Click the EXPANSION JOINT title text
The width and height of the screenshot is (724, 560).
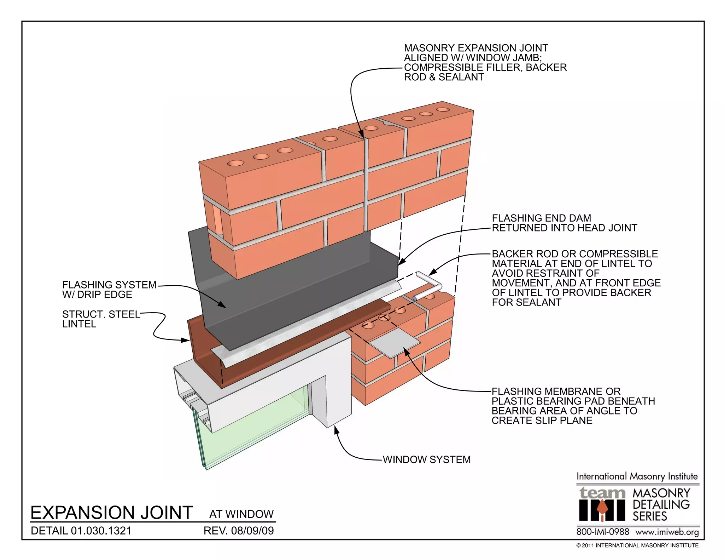pyautogui.click(x=112, y=513)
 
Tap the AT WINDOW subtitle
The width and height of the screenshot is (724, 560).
pyautogui.click(x=241, y=514)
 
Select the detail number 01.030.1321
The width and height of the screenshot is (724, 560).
pyautogui.click(x=81, y=531)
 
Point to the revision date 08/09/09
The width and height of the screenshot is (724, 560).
pyautogui.click(x=239, y=531)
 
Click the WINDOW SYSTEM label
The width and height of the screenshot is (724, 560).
pyautogui.click(x=427, y=459)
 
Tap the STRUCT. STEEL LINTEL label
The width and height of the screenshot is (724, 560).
pyautogui.click(x=101, y=319)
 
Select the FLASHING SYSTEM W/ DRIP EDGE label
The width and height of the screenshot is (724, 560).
pyautogui.click(x=109, y=290)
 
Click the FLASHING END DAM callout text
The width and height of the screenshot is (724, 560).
pyautogui.click(x=564, y=223)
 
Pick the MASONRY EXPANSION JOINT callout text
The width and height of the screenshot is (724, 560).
pyautogui.click(x=485, y=62)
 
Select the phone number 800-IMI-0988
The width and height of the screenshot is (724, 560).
pyautogui.click(x=603, y=532)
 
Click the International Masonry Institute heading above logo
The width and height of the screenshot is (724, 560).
pyautogui.click(x=637, y=476)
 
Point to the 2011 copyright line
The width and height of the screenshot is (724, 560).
pyautogui.click(x=637, y=545)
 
